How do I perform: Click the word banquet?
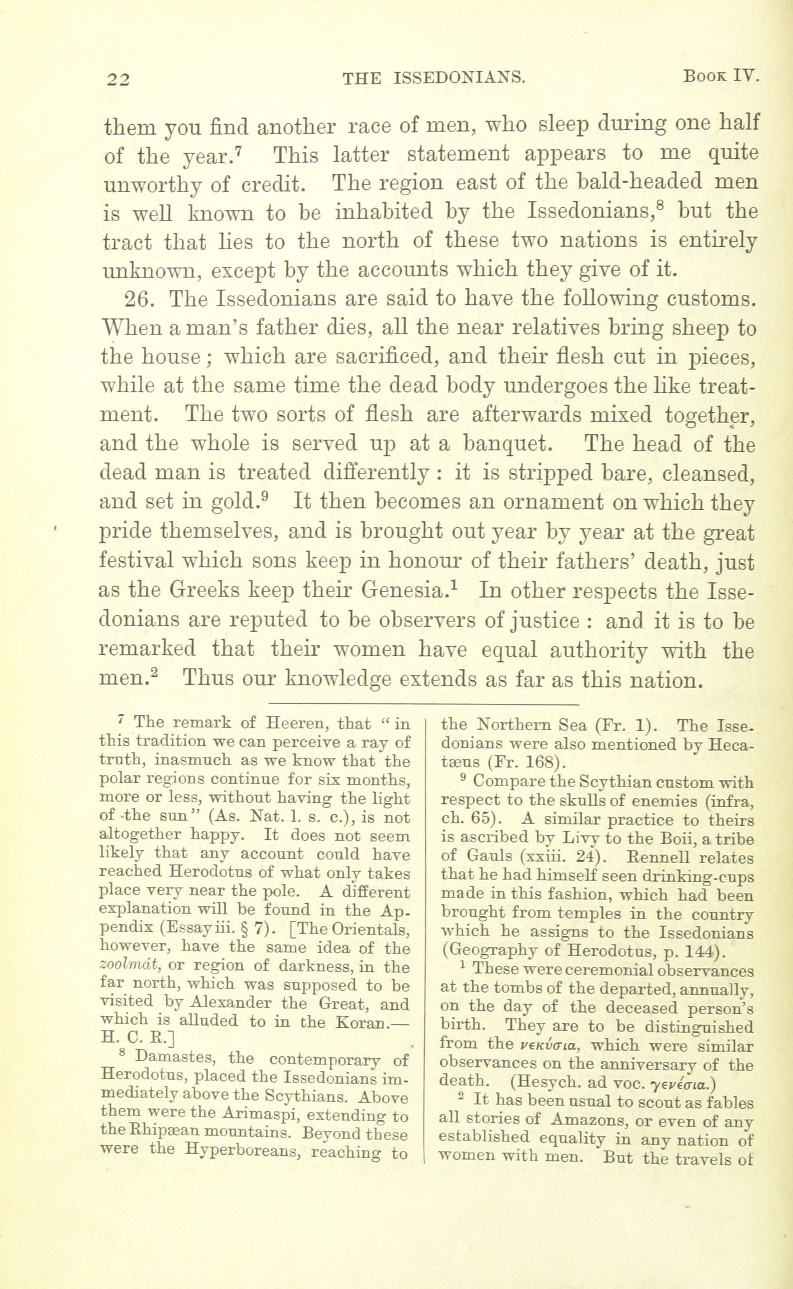click(x=508, y=444)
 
